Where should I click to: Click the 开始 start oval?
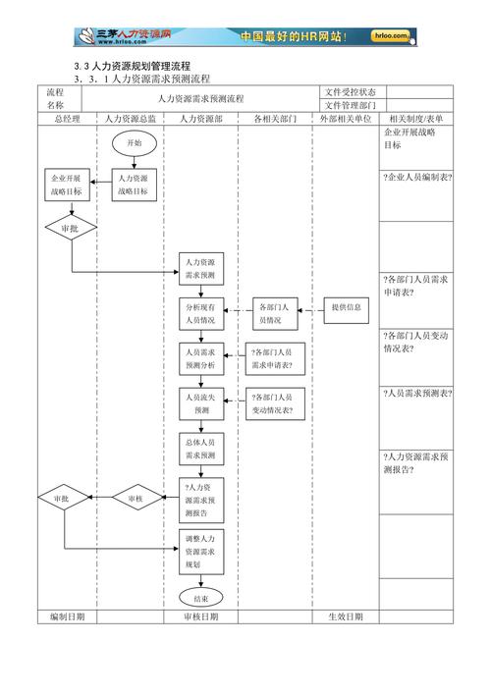pyautogui.click(x=134, y=142)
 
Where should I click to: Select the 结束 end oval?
pyautogui.click(x=201, y=597)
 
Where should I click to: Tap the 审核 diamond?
pyautogui.click(x=135, y=500)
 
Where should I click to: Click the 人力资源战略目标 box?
pyautogui.click(x=134, y=186)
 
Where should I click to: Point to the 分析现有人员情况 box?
pyautogui.click(x=201, y=313)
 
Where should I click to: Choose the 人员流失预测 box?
pyautogui.click(x=201, y=403)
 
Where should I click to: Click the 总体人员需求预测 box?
pyautogui.click(x=201, y=449)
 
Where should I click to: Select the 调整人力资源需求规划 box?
pyautogui.click(x=201, y=552)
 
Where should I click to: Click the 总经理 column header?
pyautogui.click(x=67, y=119)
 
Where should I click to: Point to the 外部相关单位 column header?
pyautogui.click(x=346, y=119)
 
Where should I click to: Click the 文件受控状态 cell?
pyautogui.click(x=351, y=92)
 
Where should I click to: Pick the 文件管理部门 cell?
pyautogui.click(x=351, y=105)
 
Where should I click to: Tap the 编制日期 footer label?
pyautogui.click(x=67, y=616)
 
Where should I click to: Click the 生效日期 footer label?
pyautogui.click(x=346, y=616)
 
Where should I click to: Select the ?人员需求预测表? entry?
pyautogui.click(x=417, y=393)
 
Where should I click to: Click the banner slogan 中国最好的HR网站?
pyautogui.click(x=293, y=36)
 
